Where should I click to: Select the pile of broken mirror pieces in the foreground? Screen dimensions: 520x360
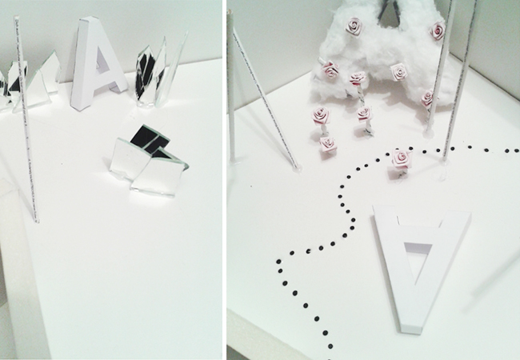coord(150,162)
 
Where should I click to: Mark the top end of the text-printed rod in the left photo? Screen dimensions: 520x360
coord(15,18)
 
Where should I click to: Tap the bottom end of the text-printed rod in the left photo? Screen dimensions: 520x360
coord(37,221)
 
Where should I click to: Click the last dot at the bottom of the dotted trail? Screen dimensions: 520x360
coord(330,346)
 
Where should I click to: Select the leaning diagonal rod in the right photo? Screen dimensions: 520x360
coord(266,99)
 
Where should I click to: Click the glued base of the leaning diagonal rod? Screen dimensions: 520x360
coord(296,168)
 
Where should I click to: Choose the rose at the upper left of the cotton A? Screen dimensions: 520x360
coord(354,26)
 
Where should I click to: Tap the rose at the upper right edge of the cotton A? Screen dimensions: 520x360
coord(438,30)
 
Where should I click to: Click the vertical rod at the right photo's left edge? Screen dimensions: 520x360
coord(231,86)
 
